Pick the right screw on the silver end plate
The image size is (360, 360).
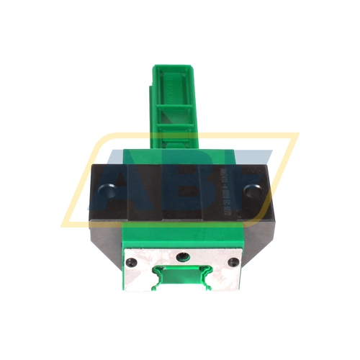click(233, 263)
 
